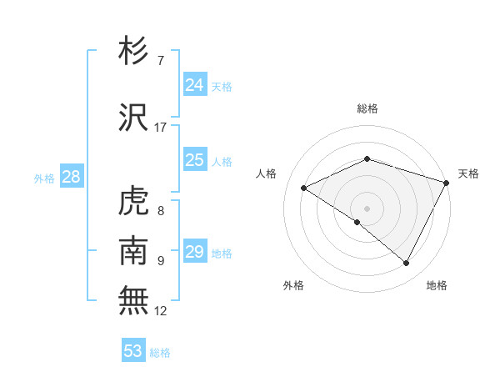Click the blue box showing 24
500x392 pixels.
point(194,85)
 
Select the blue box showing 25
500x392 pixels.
point(194,160)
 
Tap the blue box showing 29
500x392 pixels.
point(194,252)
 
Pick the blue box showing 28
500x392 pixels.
point(70,177)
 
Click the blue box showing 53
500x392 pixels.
point(133,351)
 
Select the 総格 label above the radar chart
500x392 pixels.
point(367,109)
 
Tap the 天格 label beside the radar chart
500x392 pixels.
point(468,173)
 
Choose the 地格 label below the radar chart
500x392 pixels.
point(437,285)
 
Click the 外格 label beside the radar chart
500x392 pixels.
point(293,285)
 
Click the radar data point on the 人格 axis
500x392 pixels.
point(304,188)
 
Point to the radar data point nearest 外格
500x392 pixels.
point(357,222)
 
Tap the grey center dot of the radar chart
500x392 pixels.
point(367,208)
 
